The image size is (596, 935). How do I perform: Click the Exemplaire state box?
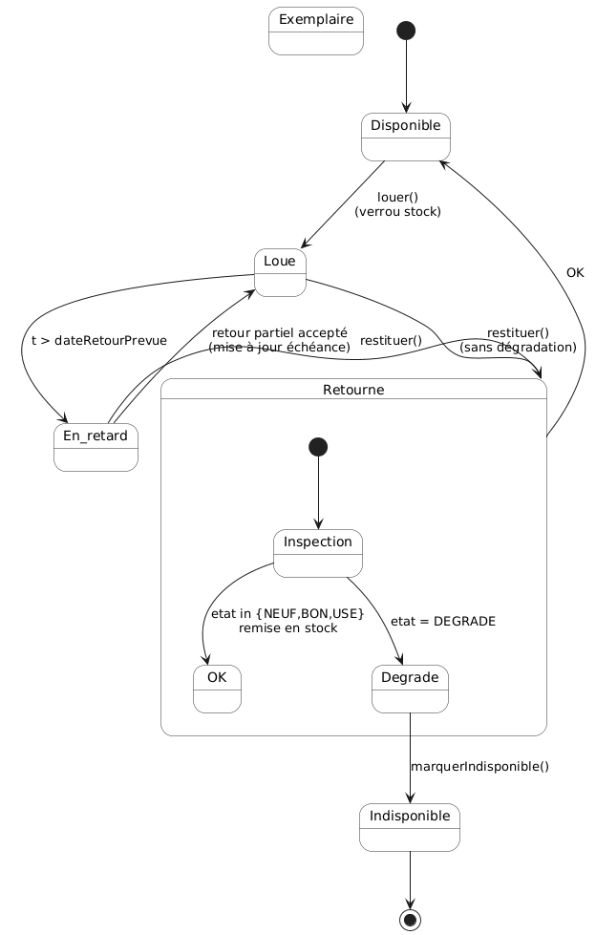click(315, 31)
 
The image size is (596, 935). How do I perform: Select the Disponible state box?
click(406, 137)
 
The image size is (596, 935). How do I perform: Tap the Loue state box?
click(280, 272)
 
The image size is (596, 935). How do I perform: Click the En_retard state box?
click(96, 447)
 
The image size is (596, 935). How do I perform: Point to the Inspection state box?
click(318, 554)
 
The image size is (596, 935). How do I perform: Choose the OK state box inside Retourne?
click(217, 689)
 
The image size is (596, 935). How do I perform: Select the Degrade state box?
click(410, 689)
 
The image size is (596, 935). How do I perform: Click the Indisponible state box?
click(410, 827)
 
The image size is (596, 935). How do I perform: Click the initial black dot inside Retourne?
click(318, 447)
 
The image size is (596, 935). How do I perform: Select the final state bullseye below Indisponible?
click(410, 920)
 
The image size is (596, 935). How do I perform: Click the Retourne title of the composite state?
click(353, 391)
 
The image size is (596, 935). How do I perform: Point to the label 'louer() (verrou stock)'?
click(397, 204)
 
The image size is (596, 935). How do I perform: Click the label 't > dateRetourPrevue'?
click(99, 341)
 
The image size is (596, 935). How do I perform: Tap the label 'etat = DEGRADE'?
click(443, 621)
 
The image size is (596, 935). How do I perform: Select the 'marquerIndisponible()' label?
click(479, 766)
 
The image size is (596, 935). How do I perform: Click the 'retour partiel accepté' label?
click(279, 332)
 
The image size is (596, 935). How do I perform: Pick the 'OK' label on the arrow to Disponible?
click(575, 273)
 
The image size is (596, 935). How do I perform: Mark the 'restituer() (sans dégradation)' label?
click(518, 340)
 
